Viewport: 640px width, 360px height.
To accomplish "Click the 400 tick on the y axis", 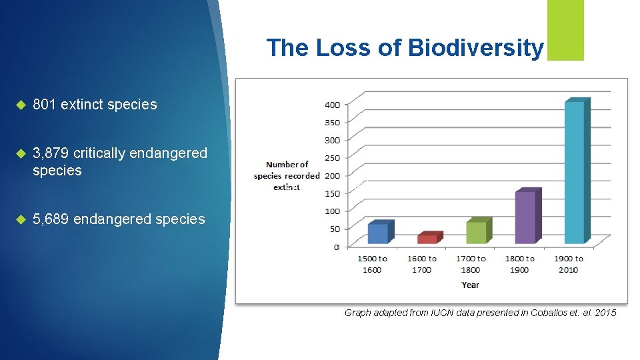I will (x=331, y=105).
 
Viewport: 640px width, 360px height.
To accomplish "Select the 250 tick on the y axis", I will (x=331, y=158).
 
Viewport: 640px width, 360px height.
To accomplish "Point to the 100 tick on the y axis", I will (x=331, y=211).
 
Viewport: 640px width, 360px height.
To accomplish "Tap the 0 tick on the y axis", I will (x=336, y=247).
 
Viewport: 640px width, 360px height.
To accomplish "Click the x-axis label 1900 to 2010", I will (x=569, y=264).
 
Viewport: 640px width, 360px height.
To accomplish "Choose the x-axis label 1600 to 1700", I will (x=421, y=264).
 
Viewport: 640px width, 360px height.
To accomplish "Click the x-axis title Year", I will (x=470, y=285).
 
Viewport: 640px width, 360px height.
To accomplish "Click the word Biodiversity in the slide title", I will (x=475, y=48).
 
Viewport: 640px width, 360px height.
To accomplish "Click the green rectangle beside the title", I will (x=565, y=30).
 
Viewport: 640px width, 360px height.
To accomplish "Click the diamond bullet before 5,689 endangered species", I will (x=20, y=219).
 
